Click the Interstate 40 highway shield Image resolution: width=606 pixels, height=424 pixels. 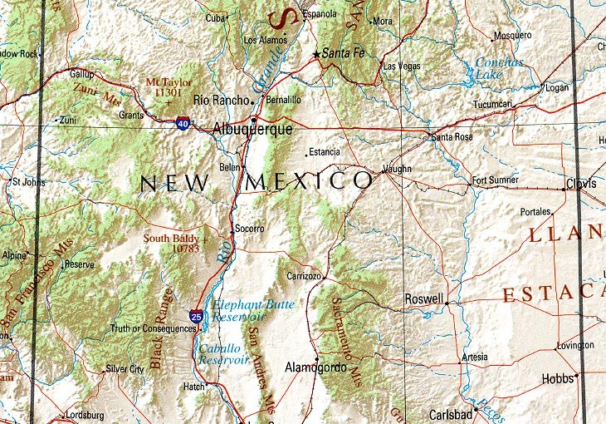point(182,123)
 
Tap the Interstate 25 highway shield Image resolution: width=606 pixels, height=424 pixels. point(195,317)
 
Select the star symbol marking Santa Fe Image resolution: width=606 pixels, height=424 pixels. point(316,55)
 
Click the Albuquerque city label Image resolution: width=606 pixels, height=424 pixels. point(252,130)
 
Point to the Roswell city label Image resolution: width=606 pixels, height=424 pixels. point(423,298)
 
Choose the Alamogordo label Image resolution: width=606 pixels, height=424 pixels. point(315,367)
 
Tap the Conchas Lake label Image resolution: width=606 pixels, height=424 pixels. point(500,68)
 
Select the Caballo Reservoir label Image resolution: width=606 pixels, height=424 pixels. point(224,354)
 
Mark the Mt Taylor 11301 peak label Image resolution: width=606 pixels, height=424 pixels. point(169,88)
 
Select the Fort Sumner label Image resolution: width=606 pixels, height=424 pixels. point(495,180)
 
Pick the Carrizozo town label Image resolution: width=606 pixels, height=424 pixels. point(304,274)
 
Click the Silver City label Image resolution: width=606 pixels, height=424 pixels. point(125,368)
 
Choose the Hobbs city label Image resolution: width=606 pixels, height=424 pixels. point(557,378)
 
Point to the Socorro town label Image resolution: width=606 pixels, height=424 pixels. point(249,229)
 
